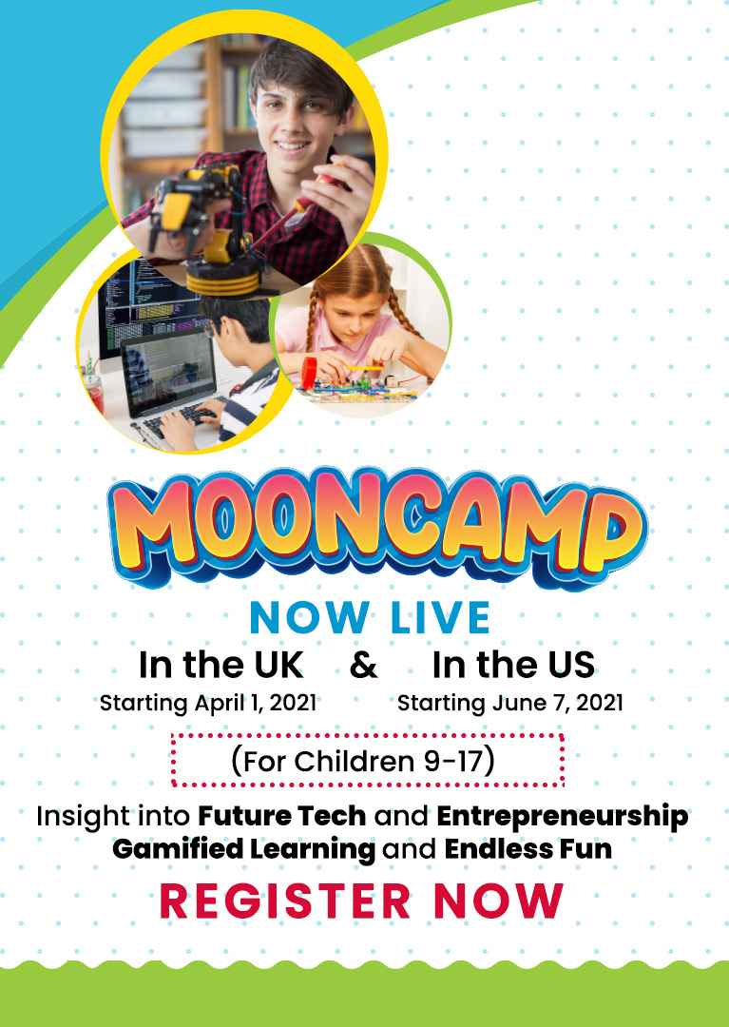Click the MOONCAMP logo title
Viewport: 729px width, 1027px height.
(x=377, y=527)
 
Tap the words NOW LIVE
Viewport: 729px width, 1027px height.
(x=370, y=618)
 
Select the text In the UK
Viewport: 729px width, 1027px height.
(x=221, y=665)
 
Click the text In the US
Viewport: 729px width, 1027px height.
(x=513, y=665)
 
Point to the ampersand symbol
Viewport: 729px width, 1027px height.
(x=364, y=666)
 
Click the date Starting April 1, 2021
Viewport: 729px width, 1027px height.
(x=208, y=703)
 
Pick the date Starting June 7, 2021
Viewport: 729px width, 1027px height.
(x=510, y=703)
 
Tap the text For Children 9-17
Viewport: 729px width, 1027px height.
(x=363, y=761)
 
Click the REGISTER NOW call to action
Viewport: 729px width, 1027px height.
(x=361, y=901)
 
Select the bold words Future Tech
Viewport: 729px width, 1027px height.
(x=282, y=816)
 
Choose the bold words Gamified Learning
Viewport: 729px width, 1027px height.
(x=244, y=849)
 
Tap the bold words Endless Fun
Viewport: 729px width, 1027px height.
(x=528, y=849)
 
